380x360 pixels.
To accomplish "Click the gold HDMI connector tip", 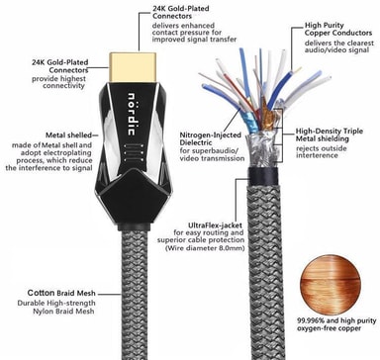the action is (x=133, y=67).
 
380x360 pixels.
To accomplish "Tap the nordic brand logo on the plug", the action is (x=132, y=114).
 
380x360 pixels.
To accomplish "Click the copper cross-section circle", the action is (x=331, y=284).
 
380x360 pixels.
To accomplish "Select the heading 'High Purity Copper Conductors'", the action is (x=338, y=29).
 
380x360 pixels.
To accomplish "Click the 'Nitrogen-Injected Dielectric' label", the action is (x=211, y=138).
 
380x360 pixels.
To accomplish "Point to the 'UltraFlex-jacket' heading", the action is (x=215, y=225).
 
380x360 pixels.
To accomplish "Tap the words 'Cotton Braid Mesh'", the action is (x=61, y=293).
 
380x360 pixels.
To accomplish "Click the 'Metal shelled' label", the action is (x=68, y=135).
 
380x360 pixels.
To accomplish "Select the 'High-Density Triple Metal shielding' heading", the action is (x=329, y=135).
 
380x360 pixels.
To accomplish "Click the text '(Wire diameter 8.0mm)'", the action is (x=205, y=248).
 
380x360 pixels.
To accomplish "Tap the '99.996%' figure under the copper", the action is (x=308, y=320).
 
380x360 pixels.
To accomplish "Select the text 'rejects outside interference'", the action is (x=321, y=152).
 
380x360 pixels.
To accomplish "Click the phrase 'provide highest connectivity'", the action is (x=58, y=82).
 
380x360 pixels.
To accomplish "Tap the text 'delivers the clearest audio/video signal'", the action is (x=339, y=46).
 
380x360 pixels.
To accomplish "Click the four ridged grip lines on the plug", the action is (x=134, y=152).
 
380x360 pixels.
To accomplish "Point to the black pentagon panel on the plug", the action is (x=134, y=197).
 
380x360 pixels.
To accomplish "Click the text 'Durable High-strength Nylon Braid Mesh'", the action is (x=56, y=307).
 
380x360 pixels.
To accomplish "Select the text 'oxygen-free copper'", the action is (x=329, y=328).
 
